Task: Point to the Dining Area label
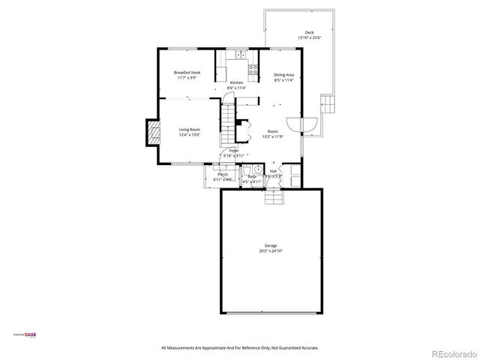283,74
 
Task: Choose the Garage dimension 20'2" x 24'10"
271,251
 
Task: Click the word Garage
271,246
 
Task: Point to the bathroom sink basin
256,169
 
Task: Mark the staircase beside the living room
228,124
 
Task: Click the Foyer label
234,151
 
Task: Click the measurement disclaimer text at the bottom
240,348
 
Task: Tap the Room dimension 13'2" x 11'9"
271,136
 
